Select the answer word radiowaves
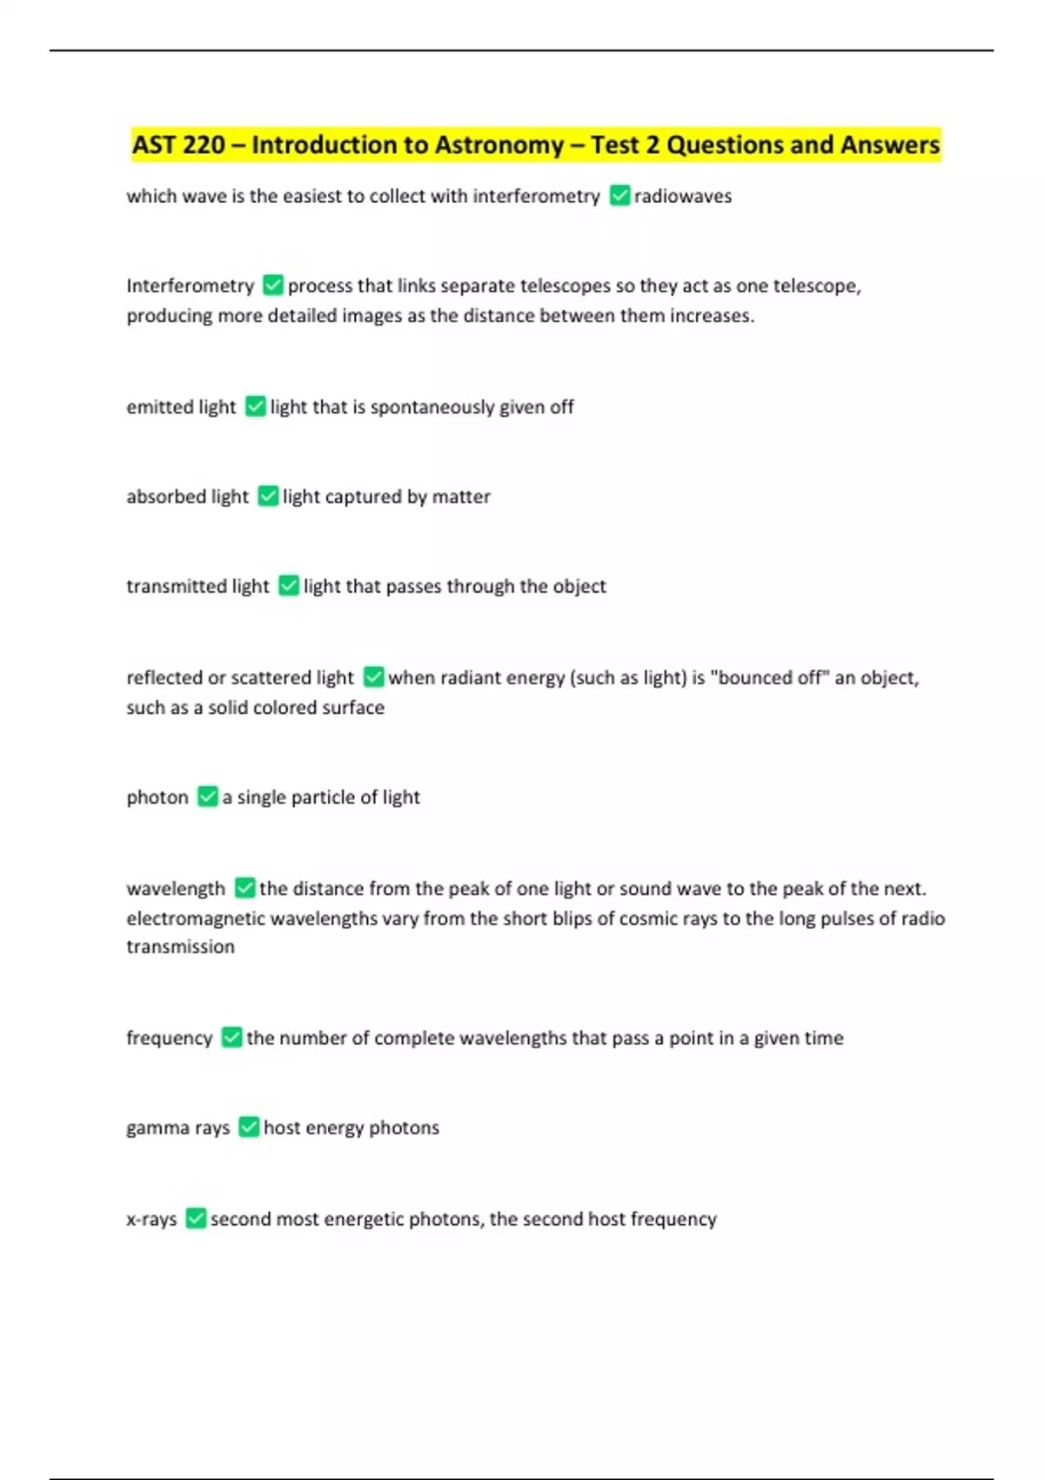tap(683, 197)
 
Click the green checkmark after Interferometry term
tap(273, 286)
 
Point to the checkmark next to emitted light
tap(255, 407)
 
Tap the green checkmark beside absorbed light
tap(268, 496)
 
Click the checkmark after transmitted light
tap(289, 586)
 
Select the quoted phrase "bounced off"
tap(770, 677)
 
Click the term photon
tap(157, 797)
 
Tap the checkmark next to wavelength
tap(245, 888)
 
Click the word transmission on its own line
tap(180, 947)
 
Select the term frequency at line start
tap(169, 1038)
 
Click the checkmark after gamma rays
tap(249, 1127)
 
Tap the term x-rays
tap(151, 1219)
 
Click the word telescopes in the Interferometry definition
tap(565, 286)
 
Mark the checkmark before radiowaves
tap(619, 196)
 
